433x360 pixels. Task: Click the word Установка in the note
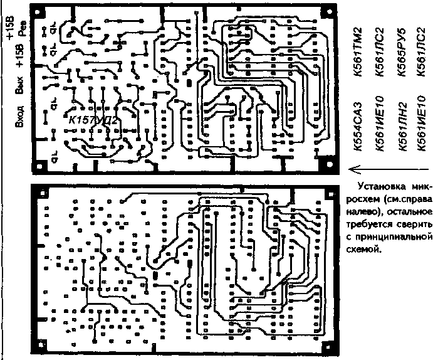[x=380, y=186]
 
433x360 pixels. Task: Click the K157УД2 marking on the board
[x=94, y=119]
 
